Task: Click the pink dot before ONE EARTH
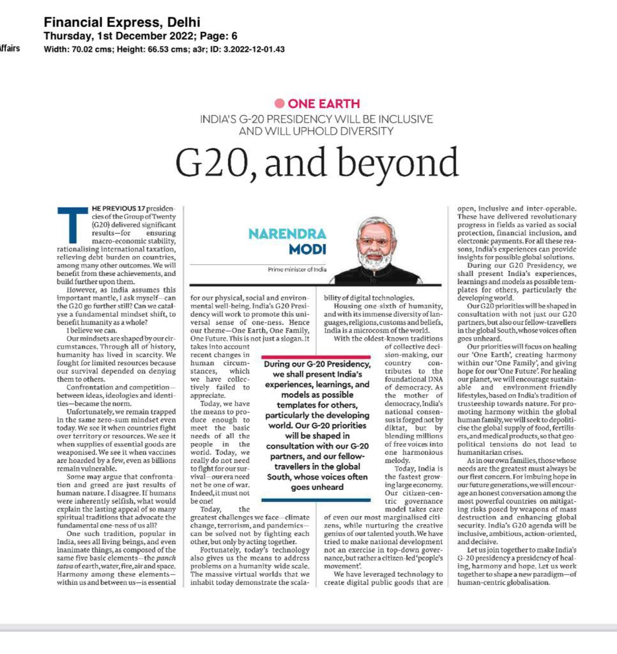(x=279, y=103)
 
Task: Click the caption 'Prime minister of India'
(x=297, y=270)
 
